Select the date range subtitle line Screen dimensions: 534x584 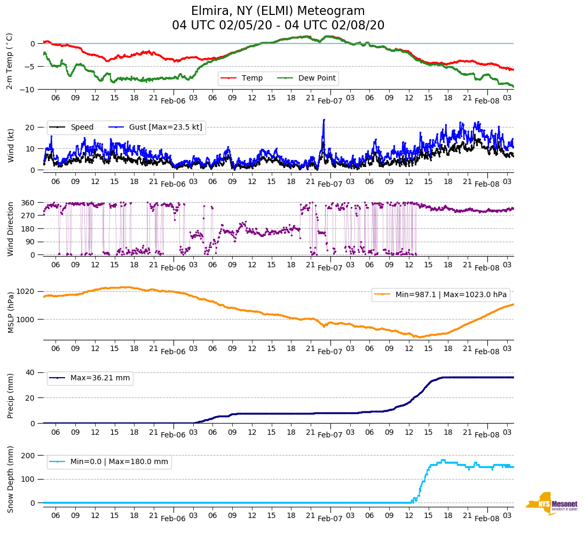click(x=278, y=26)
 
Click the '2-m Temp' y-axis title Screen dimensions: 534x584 click(x=10, y=61)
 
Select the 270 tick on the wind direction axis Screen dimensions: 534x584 click(x=28, y=216)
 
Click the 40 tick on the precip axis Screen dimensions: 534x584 click(x=31, y=372)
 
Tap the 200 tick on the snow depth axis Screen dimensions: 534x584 click(x=28, y=456)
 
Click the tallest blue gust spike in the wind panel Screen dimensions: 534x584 click(x=323, y=120)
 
